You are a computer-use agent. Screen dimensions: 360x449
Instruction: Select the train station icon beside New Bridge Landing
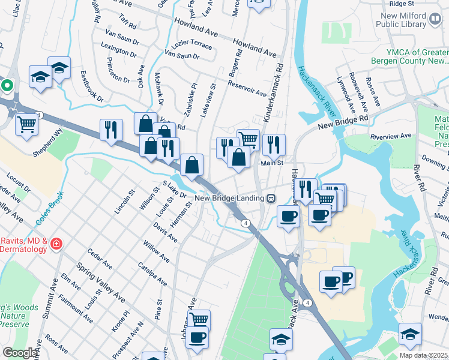point(271,198)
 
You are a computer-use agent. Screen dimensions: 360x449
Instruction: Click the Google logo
point(20,353)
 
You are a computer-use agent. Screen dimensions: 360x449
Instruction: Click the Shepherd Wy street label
point(48,143)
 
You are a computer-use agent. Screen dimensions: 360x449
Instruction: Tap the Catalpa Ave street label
point(152,272)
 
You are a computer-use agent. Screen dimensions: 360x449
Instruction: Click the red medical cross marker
point(56,244)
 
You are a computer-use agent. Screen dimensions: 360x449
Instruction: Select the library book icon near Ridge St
point(435,20)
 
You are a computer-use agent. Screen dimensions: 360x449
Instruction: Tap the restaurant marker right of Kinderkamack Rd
point(273,145)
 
